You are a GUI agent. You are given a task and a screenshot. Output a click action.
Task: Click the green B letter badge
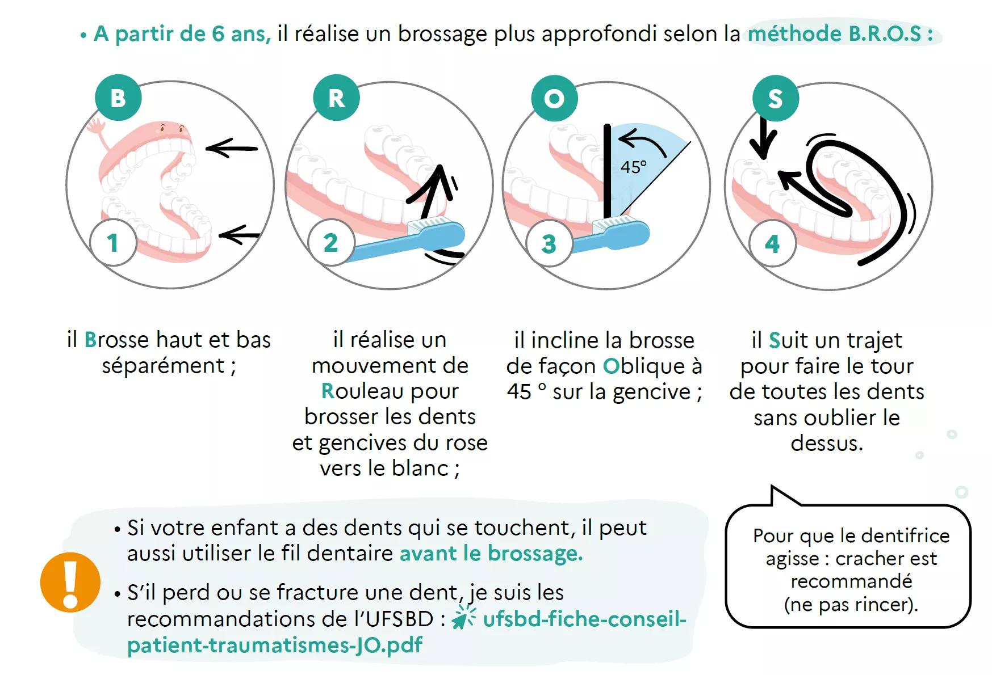[x=118, y=98]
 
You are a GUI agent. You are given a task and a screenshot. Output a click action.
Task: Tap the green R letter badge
[x=336, y=98]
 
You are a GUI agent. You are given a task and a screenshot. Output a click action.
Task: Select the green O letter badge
[x=554, y=98]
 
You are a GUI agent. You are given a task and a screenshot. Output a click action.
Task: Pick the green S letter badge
[x=775, y=98]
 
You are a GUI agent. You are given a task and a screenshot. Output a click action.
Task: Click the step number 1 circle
[x=113, y=243]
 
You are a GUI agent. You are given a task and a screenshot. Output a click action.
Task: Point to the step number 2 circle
[x=331, y=243]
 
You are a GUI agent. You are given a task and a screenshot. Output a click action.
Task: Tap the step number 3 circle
[x=549, y=244]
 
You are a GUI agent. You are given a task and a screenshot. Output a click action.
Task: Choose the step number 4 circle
[x=772, y=244]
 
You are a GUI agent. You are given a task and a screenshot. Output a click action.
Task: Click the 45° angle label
[x=633, y=167]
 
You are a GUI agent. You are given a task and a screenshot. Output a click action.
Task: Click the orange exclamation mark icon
[x=70, y=581]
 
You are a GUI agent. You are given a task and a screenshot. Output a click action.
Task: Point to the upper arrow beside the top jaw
[x=231, y=148]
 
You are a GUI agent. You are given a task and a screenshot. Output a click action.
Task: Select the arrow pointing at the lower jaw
[x=239, y=234]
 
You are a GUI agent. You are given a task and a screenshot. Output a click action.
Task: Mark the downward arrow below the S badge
[x=763, y=137]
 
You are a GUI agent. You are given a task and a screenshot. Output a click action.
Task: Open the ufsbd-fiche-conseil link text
[x=585, y=619]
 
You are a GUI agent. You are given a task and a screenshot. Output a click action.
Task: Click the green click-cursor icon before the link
[x=464, y=618]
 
